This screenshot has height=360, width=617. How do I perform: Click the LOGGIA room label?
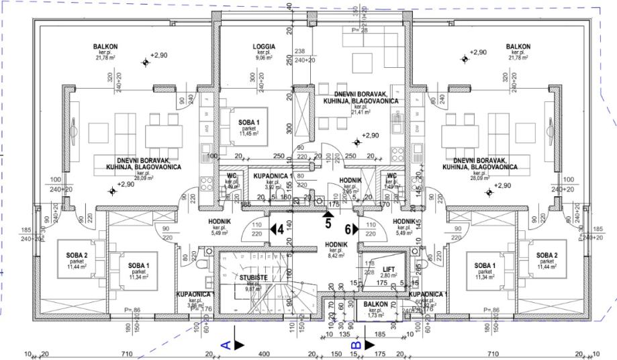264,46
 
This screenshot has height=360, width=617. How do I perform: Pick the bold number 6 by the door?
348,228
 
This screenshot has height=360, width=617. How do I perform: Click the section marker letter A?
226,345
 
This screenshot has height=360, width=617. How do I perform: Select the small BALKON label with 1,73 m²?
376,304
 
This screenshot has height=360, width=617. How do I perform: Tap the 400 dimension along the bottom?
265,353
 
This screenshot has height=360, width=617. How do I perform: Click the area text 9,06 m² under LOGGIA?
264,58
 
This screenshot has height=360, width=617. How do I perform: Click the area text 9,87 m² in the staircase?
254,289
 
